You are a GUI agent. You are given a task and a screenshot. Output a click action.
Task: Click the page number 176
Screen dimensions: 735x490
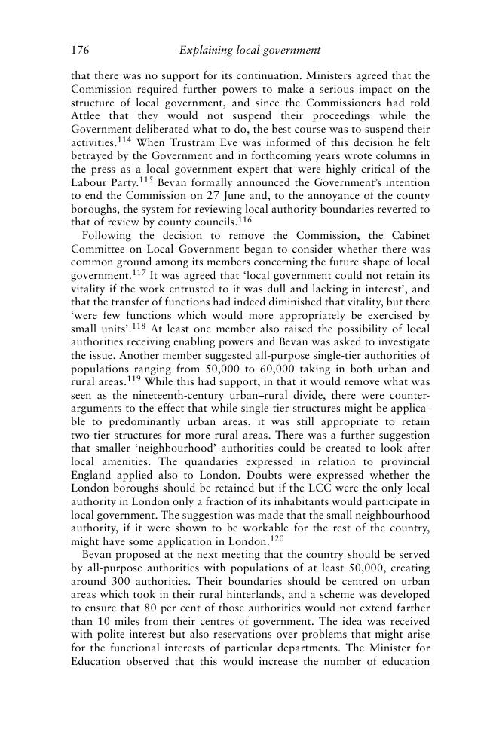pyautogui.click(x=81, y=51)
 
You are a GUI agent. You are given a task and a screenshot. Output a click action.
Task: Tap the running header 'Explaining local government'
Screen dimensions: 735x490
pyautogui.click(x=250, y=51)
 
